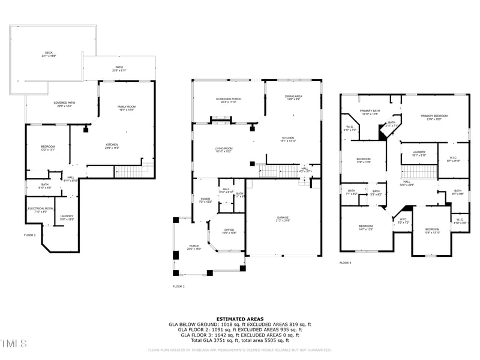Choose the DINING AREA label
pyautogui.click(x=293, y=97)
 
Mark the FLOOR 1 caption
pyautogui.click(x=29, y=235)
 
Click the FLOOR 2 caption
pyautogui.click(x=179, y=287)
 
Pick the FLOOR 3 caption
pyautogui.click(x=346, y=263)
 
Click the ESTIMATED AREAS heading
pyautogui.click(x=240, y=319)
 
